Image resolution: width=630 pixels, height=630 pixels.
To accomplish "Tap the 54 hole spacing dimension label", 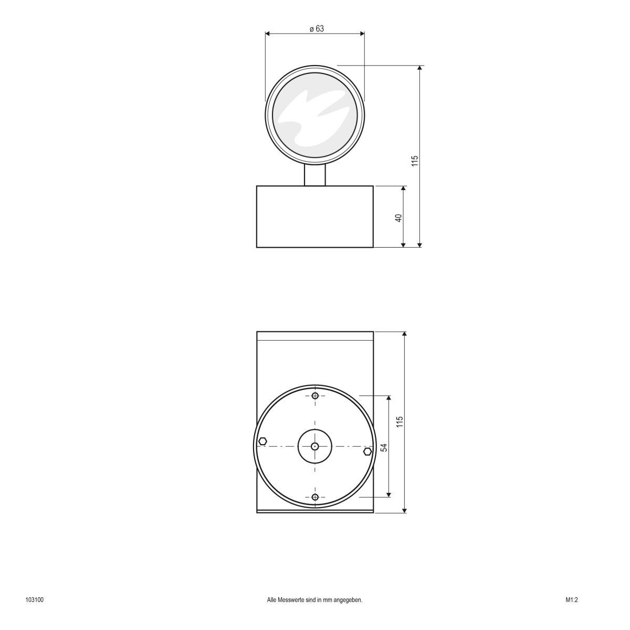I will [x=384, y=447].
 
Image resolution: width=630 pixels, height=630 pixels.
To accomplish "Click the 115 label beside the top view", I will [x=414, y=161].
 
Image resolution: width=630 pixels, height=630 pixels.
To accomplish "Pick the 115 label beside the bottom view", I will [x=400, y=422].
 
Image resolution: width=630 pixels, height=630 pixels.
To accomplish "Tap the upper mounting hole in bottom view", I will [x=315, y=396].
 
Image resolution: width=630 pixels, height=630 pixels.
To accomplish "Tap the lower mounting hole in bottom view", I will [x=315, y=497].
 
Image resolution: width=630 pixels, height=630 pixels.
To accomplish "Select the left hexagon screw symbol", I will [x=263, y=441].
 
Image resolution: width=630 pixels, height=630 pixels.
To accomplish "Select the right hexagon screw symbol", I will [x=367, y=451].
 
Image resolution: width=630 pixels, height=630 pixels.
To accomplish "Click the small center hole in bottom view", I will [x=314, y=446].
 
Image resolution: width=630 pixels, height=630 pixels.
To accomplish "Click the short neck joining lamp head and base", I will [x=315, y=175].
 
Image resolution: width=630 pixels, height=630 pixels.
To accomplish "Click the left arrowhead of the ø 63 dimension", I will [x=268, y=34].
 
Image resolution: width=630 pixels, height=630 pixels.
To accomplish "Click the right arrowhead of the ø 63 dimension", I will [x=362, y=34].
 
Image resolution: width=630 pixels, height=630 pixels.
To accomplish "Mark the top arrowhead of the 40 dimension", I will [x=404, y=188].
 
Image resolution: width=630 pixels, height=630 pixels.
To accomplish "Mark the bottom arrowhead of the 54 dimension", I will [x=388, y=494].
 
